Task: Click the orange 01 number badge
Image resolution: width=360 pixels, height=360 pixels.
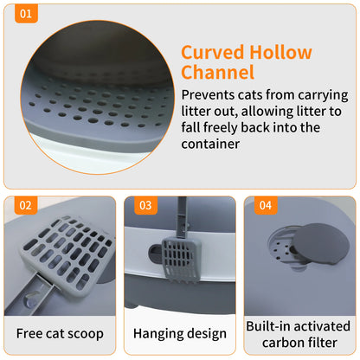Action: (x=26, y=15)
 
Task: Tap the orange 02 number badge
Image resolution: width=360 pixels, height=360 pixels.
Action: (x=26, y=205)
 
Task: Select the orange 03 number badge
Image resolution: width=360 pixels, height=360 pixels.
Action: (x=145, y=205)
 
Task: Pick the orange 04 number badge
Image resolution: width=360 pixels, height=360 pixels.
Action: (x=264, y=205)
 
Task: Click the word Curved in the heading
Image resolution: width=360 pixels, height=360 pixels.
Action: (x=214, y=52)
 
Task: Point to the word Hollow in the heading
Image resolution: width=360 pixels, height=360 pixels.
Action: (x=281, y=52)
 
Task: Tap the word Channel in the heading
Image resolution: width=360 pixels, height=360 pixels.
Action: (x=217, y=73)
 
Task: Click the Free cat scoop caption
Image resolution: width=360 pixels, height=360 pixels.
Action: (x=61, y=333)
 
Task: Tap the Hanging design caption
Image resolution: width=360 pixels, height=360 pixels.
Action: (x=180, y=333)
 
